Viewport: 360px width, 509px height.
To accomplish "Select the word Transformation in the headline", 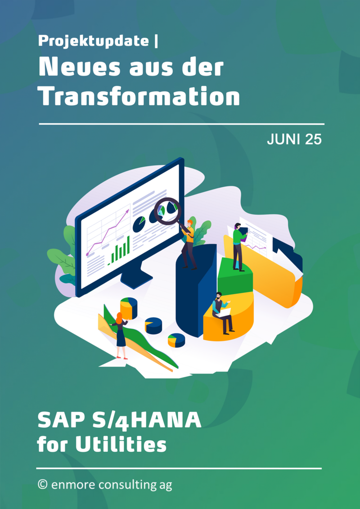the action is (139, 96).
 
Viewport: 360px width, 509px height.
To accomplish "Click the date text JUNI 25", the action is (294, 139).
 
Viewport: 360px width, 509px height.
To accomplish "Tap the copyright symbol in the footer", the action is (42, 485).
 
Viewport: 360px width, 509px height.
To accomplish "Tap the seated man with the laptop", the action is (222, 313).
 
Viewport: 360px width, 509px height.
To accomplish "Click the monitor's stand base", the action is (136, 279).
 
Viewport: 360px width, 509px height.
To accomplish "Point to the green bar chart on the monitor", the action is (119, 251).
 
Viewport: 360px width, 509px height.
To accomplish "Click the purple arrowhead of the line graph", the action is (127, 212).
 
